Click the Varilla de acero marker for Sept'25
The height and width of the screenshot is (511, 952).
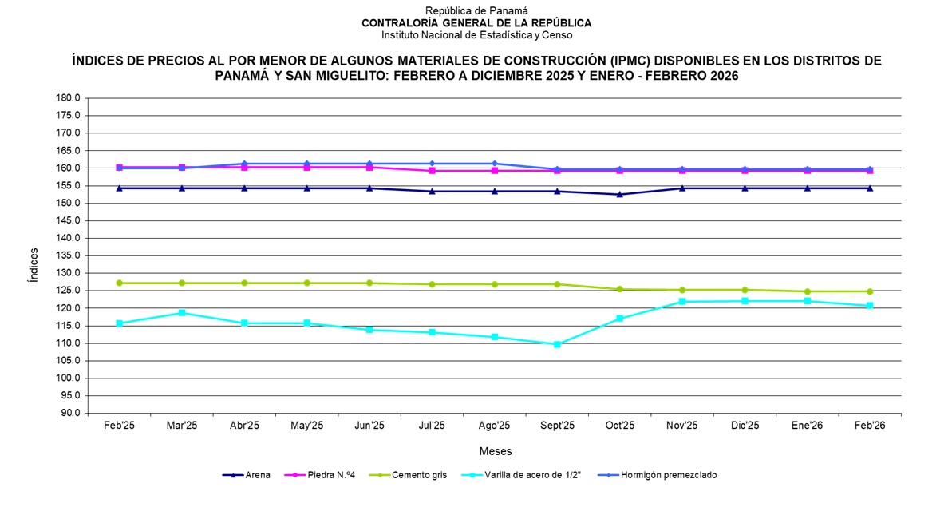point(557,344)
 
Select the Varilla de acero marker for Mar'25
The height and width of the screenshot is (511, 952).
point(182,313)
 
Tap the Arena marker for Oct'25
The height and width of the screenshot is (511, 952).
point(620,194)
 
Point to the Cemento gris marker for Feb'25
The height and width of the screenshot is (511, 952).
point(119,283)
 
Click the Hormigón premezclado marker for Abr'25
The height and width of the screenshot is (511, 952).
point(244,164)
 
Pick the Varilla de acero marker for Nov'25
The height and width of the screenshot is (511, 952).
point(682,302)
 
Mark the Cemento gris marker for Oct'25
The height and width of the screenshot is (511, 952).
point(620,289)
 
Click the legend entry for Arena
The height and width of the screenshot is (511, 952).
point(247,475)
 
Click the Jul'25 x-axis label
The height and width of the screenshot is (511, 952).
point(432,426)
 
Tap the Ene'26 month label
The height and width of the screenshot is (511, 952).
point(807,426)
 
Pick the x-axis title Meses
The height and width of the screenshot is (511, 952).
point(495,451)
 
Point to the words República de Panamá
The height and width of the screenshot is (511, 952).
point(476,11)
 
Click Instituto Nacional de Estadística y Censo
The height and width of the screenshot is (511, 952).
point(476,35)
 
